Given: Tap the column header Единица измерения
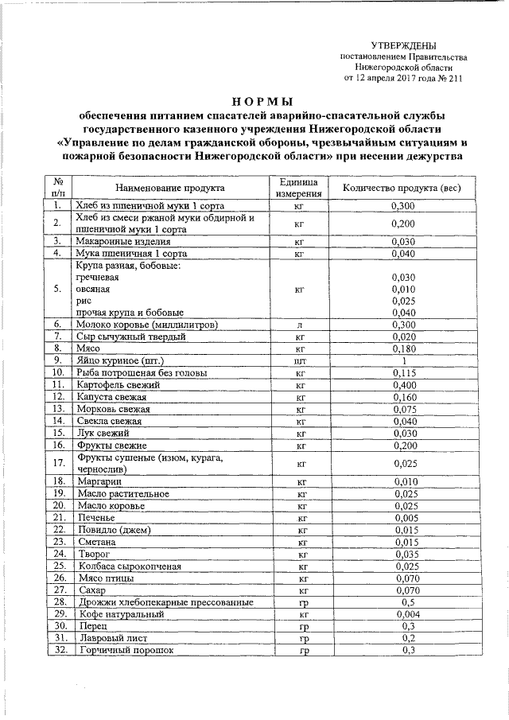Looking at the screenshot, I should [299, 187].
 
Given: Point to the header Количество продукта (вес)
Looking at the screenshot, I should [402, 187].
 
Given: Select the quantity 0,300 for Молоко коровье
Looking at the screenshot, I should [403, 325].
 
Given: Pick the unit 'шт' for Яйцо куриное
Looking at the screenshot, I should [300, 360].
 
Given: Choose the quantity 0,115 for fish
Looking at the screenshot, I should [403, 372].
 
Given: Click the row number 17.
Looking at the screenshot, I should [58, 463].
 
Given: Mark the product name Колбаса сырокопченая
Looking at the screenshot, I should [129, 566].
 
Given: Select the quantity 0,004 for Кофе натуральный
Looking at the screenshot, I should [403, 614].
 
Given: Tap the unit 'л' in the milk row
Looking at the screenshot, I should [300, 325].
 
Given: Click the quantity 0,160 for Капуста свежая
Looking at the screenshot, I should [403, 396].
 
